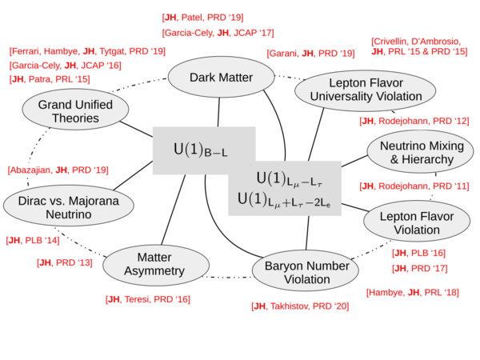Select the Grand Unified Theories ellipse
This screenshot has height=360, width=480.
(x=72, y=110)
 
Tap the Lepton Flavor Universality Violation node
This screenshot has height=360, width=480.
(x=358, y=90)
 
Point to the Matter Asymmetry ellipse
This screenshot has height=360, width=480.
(x=155, y=266)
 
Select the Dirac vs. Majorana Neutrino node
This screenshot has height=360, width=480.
(x=61, y=208)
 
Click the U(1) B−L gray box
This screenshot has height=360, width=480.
(x=203, y=150)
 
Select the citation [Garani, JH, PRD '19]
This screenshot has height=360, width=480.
(x=310, y=54)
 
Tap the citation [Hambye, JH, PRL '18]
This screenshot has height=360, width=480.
(x=413, y=293)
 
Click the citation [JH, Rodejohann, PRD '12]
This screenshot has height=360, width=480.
(x=414, y=122)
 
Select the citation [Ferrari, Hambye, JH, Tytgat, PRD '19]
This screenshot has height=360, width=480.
(x=87, y=51)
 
